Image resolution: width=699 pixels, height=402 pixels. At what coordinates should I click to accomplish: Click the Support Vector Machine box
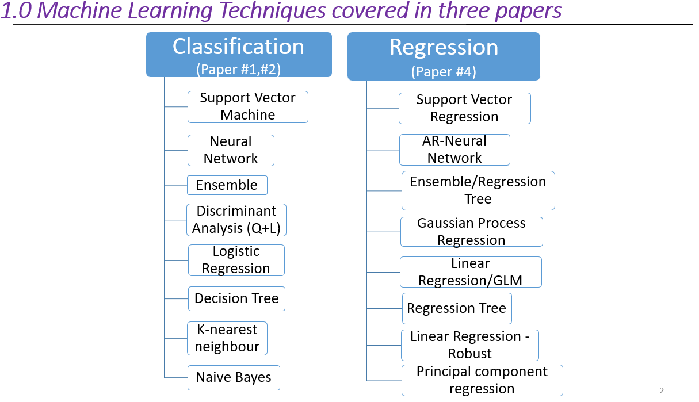(x=248, y=106)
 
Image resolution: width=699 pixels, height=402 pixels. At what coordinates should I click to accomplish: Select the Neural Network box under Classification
(x=231, y=150)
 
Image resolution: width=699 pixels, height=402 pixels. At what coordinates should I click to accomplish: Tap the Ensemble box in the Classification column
(x=227, y=185)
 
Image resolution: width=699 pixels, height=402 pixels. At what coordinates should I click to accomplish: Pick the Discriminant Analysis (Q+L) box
(x=236, y=220)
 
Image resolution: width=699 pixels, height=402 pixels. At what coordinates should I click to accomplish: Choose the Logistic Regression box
(x=236, y=260)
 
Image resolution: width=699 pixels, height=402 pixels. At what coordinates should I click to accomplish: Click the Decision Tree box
(x=236, y=299)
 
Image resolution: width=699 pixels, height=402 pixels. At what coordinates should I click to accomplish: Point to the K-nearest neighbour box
(x=227, y=338)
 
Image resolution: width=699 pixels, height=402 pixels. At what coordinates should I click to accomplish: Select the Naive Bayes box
(x=234, y=378)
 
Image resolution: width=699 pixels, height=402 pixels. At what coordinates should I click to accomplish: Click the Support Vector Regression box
(x=465, y=108)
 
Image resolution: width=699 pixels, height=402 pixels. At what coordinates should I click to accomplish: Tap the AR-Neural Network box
(x=454, y=150)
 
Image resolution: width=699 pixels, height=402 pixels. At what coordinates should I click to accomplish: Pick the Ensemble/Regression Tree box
(x=478, y=190)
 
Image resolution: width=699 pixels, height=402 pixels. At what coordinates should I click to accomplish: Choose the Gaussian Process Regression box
(x=472, y=232)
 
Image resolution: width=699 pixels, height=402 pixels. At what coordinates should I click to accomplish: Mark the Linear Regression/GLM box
(x=471, y=272)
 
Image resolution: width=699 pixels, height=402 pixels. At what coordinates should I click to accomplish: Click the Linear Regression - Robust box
(x=470, y=345)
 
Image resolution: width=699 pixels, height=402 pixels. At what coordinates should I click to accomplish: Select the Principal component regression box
(x=482, y=381)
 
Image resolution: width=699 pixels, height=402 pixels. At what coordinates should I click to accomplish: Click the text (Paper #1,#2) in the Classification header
(x=238, y=69)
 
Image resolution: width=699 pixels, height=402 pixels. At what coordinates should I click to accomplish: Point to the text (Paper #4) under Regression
(x=444, y=72)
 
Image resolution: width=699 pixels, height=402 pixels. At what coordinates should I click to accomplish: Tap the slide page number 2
(x=662, y=390)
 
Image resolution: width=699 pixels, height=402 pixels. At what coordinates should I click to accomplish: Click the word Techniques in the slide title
(x=273, y=10)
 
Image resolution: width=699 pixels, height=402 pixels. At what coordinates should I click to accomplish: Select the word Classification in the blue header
(x=238, y=47)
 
